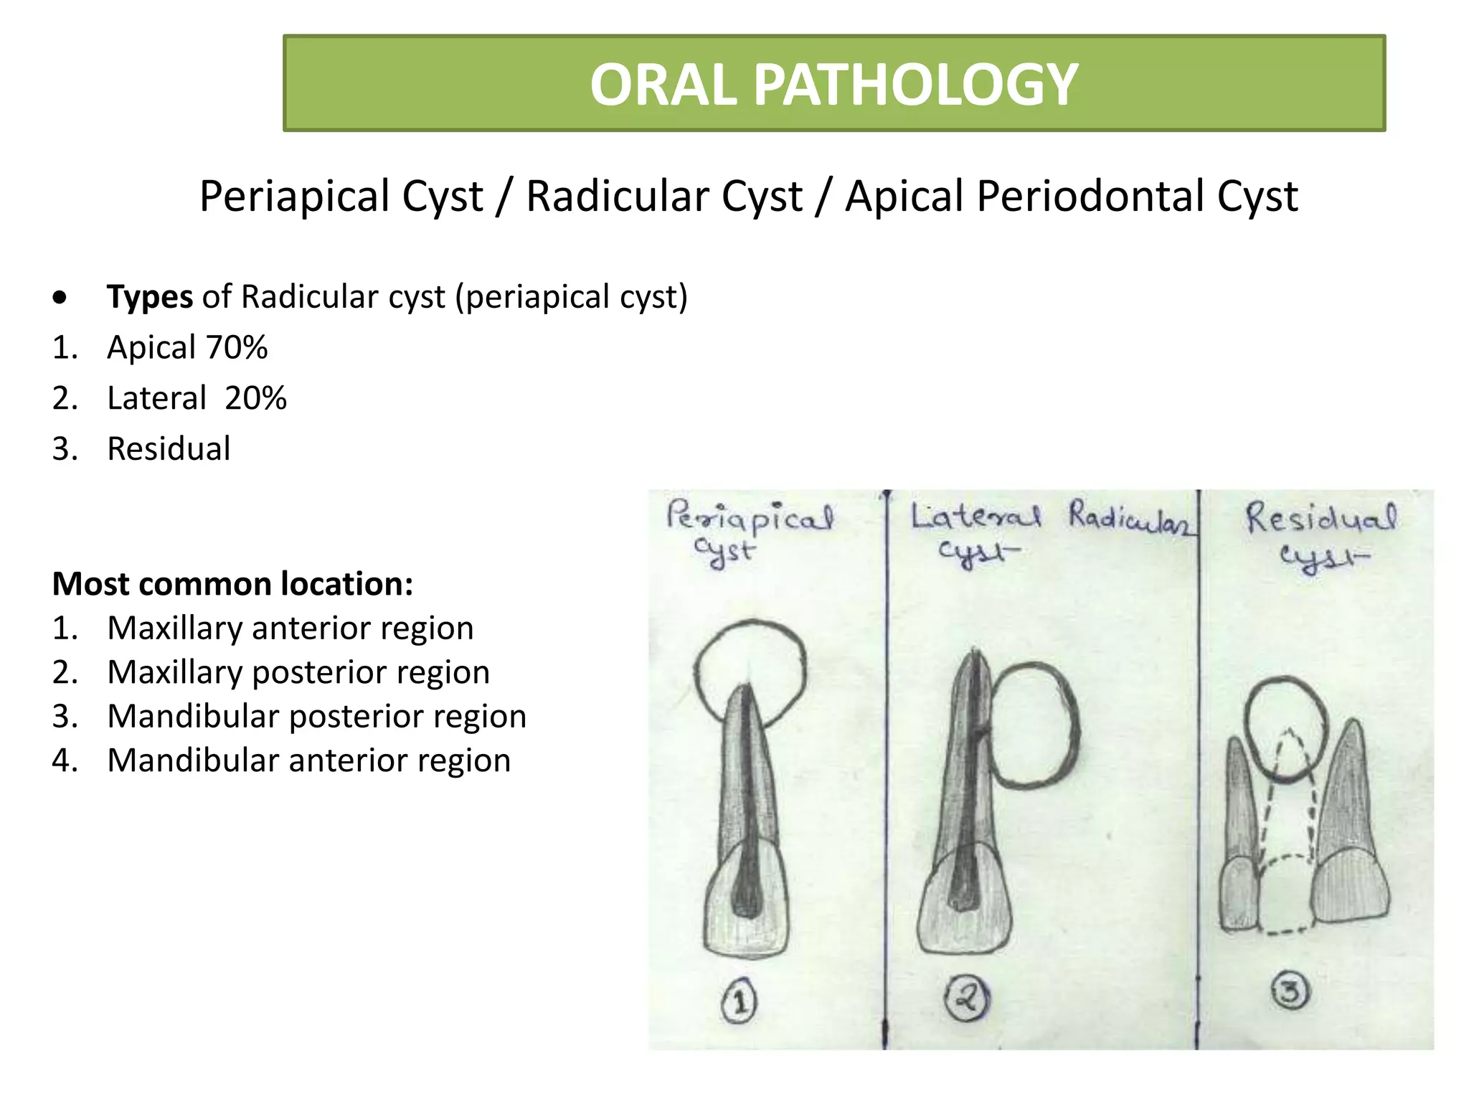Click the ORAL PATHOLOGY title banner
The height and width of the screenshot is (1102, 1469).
click(x=833, y=83)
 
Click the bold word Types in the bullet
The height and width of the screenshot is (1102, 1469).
click(x=149, y=297)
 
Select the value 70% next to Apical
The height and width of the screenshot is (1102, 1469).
click(x=237, y=348)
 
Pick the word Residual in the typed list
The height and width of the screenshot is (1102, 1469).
click(x=169, y=449)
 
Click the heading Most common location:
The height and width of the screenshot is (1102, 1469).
click(x=232, y=584)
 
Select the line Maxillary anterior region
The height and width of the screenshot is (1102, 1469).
click(x=290, y=628)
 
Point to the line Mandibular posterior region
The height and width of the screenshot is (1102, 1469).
click(x=316, y=717)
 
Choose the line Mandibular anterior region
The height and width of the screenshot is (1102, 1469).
click(x=308, y=760)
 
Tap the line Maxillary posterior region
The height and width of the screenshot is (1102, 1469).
click(x=298, y=673)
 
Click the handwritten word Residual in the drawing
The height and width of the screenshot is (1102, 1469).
click(x=1321, y=518)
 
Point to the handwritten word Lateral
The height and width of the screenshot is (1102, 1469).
click(x=975, y=517)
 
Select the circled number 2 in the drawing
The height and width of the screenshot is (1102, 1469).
click(x=966, y=998)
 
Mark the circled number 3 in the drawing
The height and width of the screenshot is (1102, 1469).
click(x=1290, y=992)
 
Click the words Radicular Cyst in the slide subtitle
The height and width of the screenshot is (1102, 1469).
click(x=663, y=197)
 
